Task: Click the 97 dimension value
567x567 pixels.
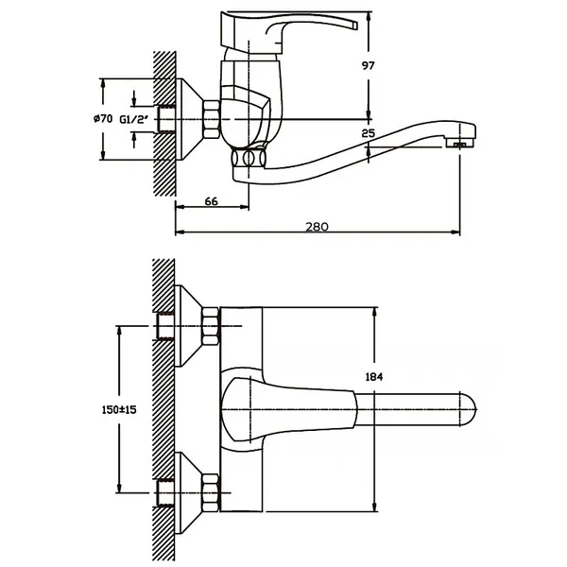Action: pos(369,66)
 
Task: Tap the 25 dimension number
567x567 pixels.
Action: pos(369,133)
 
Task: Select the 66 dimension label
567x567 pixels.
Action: pos(211,201)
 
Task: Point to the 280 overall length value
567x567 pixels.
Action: pos(318,227)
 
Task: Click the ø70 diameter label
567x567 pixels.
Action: pos(103,118)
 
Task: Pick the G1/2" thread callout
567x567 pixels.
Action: pos(134,119)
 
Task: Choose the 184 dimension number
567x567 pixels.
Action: pos(374,377)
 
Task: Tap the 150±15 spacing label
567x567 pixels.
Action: pos(119,410)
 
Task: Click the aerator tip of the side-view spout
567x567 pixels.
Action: pos(459,144)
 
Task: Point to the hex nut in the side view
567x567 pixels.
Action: pos(211,120)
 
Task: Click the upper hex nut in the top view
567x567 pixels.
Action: pos(211,327)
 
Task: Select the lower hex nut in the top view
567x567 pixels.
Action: pos(211,492)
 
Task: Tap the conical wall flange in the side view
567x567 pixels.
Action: pos(189,119)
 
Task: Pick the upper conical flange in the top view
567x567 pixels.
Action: pos(188,326)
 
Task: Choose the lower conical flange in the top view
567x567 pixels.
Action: pos(188,492)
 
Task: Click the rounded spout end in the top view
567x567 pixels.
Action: pos(469,409)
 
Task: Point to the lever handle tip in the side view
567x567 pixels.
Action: pos(354,26)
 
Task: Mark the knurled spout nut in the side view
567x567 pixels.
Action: pos(249,158)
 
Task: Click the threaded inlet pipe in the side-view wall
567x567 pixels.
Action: pos(166,119)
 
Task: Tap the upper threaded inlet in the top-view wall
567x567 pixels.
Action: pos(166,326)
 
